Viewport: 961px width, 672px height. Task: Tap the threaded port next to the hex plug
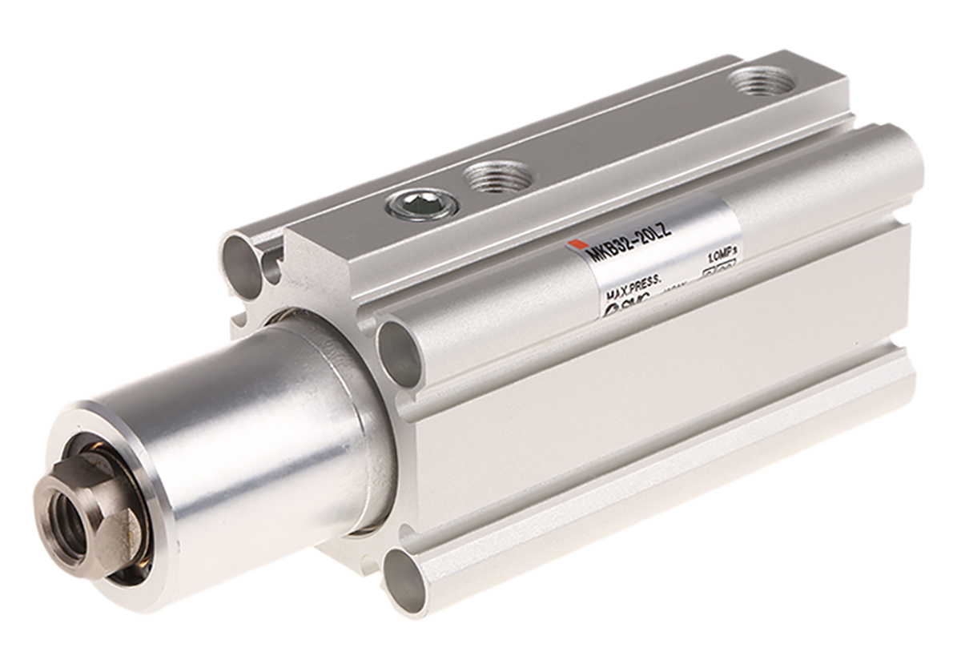(500, 175)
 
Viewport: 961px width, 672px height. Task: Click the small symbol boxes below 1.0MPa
(718, 273)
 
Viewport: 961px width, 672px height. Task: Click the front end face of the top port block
(320, 264)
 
